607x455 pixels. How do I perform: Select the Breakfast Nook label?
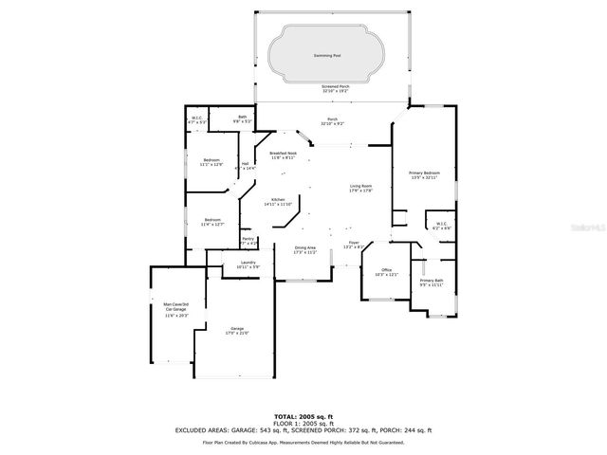283,153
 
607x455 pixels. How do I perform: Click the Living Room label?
361,186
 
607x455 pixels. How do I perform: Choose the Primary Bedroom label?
424,173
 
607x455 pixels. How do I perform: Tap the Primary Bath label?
432,281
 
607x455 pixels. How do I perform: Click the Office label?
386,270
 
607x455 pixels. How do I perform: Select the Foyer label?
353,244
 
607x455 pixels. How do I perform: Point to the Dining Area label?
305,247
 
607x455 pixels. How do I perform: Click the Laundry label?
248,263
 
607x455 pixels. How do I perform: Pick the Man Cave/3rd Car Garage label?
176,306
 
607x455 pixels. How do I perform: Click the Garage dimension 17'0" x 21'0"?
235,333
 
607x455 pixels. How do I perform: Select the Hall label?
245,164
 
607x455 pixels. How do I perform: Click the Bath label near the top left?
243,117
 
